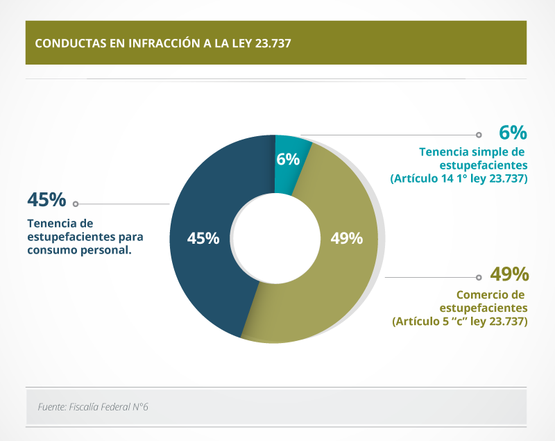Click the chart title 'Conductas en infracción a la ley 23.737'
pyautogui.click(x=162, y=42)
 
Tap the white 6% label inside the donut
pyautogui.click(x=288, y=159)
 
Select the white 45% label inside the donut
pyautogui.click(x=203, y=238)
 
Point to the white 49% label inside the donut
pyautogui.click(x=347, y=238)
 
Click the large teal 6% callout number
pyautogui.click(x=513, y=133)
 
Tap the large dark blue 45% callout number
pyautogui.click(x=46, y=200)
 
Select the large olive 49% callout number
pyautogui.click(x=510, y=273)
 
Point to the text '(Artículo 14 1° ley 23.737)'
pyautogui.click(x=459, y=178)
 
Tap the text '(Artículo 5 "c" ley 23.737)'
pyautogui.click(x=460, y=322)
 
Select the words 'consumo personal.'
pyautogui.click(x=79, y=250)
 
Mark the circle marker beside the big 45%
pyautogui.click(x=76, y=204)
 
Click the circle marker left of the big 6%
pyautogui.click(x=479, y=135)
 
